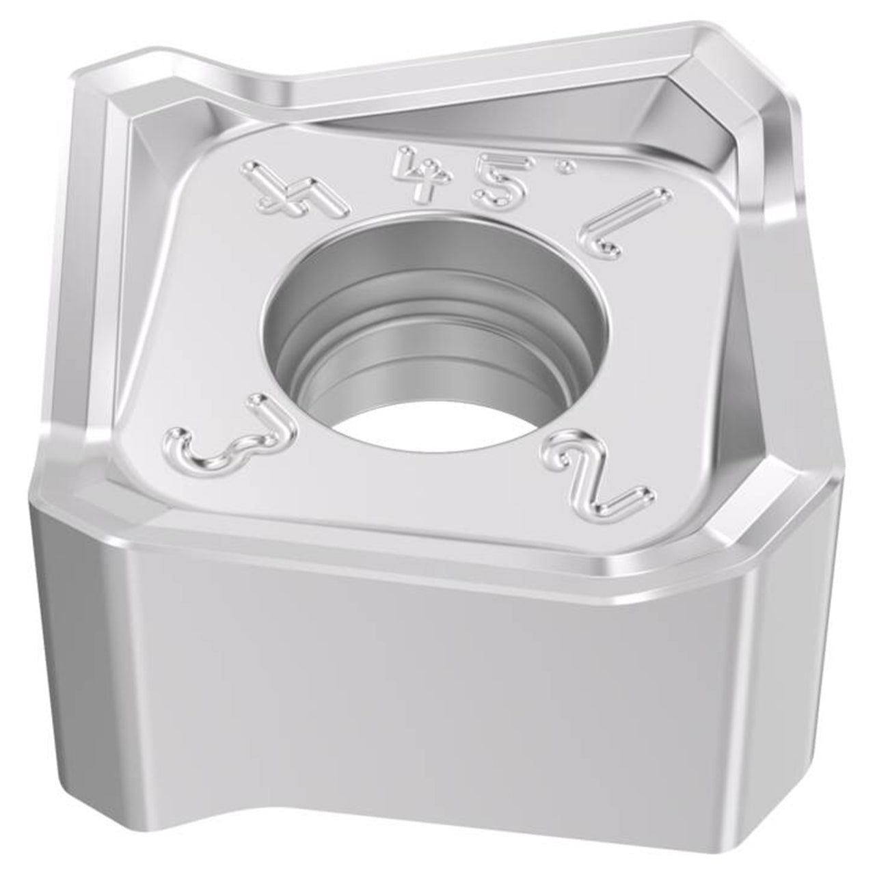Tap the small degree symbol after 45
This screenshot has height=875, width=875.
click(x=565, y=167)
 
